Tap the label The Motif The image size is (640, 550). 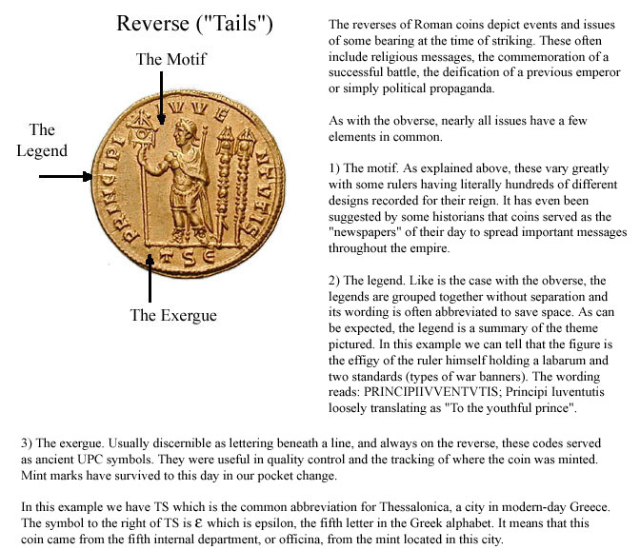coord(171,59)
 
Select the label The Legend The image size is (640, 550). coord(42,140)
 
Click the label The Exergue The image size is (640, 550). coord(173,316)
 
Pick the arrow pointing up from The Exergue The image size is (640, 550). coord(150,273)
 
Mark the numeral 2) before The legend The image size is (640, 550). coord(333,281)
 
